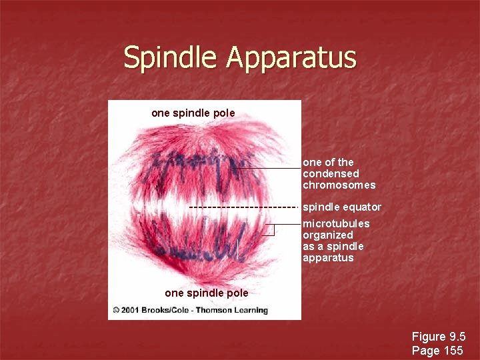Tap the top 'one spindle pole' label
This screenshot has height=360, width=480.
[193, 113]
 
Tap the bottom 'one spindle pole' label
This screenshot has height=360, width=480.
[206, 293]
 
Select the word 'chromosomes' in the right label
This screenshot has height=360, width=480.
[339, 185]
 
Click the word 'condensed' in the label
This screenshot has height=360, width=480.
[331, 174]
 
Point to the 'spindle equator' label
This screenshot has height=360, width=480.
[342, 207]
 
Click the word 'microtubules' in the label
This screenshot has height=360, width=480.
[336, 224]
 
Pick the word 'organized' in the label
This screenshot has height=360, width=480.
[328, 235]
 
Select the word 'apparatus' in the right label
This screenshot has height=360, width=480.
[328, 258]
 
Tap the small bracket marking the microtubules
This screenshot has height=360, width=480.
[271, 230]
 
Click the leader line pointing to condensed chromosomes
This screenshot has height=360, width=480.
[270, 169]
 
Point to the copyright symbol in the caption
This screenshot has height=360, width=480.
[117, 310]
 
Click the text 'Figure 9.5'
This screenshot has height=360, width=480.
[438, 337]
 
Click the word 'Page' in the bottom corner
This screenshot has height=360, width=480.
[425, 351]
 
